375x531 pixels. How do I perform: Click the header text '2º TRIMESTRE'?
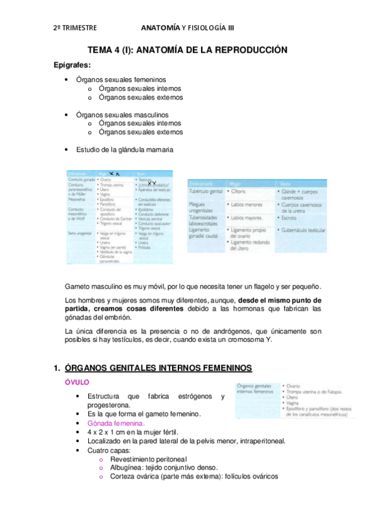tap(75, 28)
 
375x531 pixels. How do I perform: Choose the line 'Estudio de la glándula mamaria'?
tap(125, 150)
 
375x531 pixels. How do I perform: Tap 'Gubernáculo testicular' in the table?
tap(304, 230)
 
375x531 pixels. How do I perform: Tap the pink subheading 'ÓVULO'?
tap(78, 381)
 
